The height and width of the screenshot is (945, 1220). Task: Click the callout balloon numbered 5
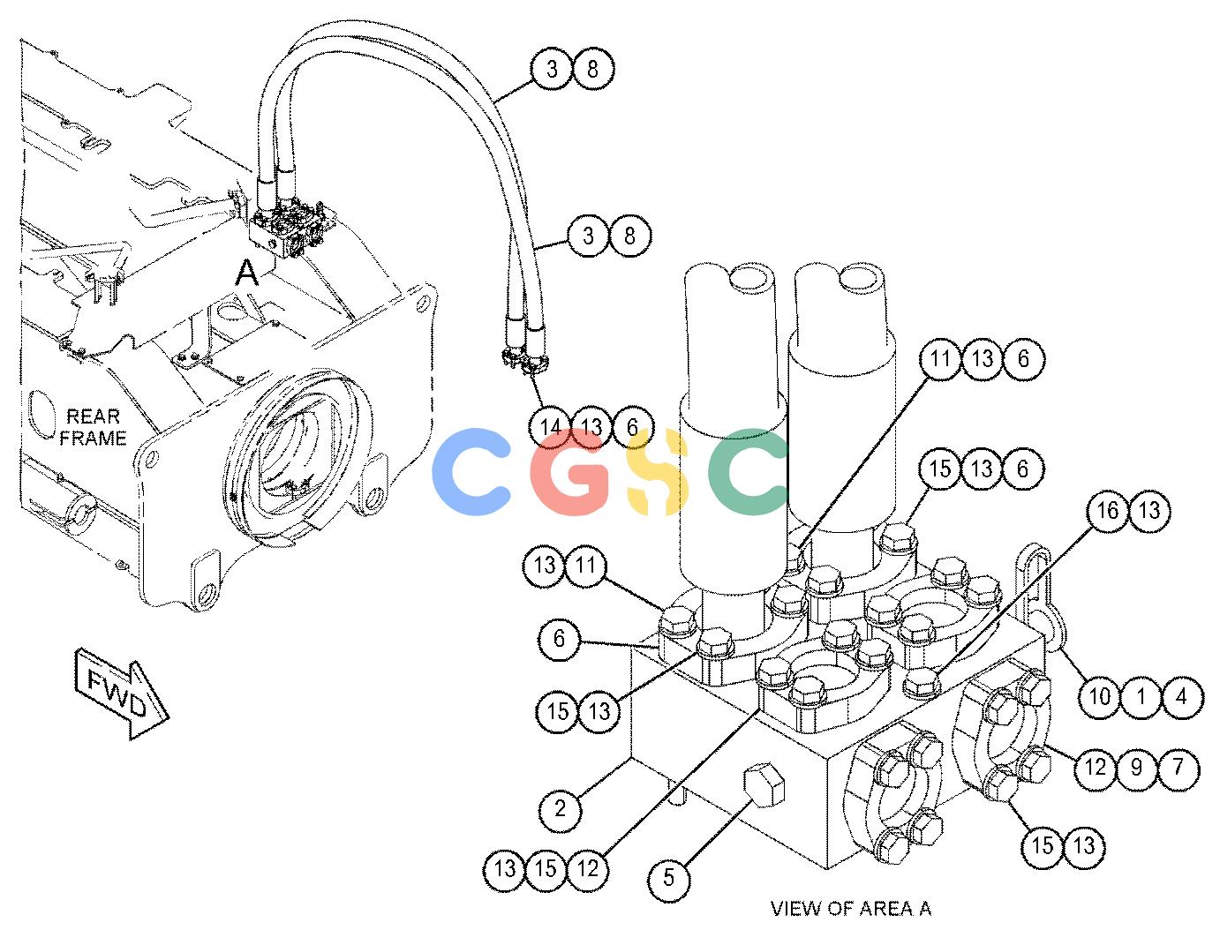668,877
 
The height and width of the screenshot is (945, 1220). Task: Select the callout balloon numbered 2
560,808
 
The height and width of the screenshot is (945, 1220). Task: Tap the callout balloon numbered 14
550,427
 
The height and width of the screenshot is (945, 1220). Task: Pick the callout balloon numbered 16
1107,511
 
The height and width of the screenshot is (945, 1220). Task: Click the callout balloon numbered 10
1100,697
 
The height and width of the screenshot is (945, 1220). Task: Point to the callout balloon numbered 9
1136,767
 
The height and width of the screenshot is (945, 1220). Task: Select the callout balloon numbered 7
1178,767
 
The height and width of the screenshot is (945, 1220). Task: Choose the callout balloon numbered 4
1182,697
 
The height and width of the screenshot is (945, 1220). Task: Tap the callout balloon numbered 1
1141,697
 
